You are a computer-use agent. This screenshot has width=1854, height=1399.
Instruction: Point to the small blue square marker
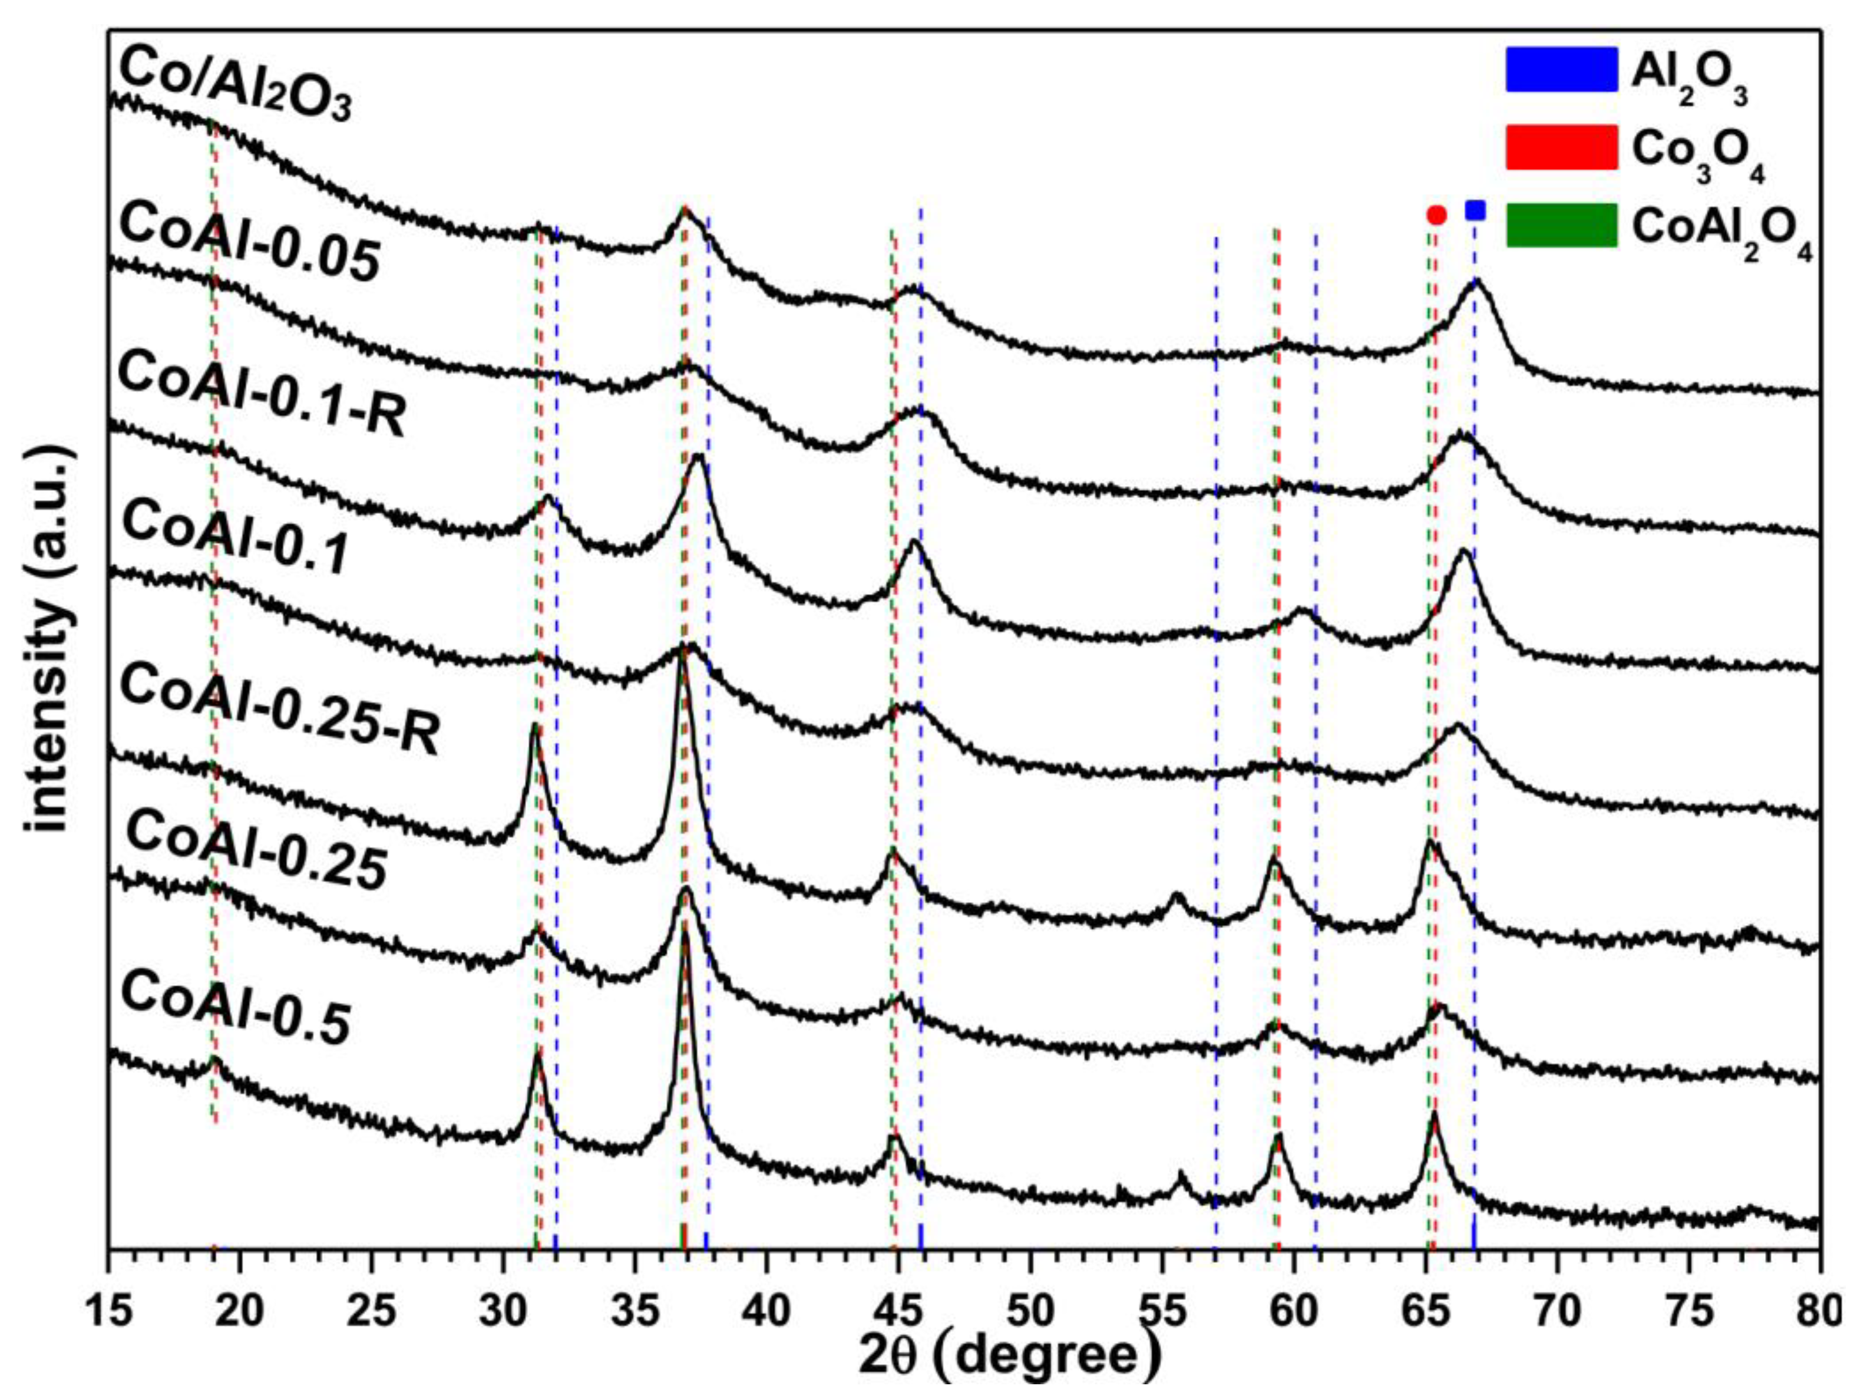1475,210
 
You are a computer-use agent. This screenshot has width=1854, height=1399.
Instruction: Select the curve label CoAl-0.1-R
262,392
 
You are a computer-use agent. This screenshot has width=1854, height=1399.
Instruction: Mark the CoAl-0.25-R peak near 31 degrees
535,728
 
